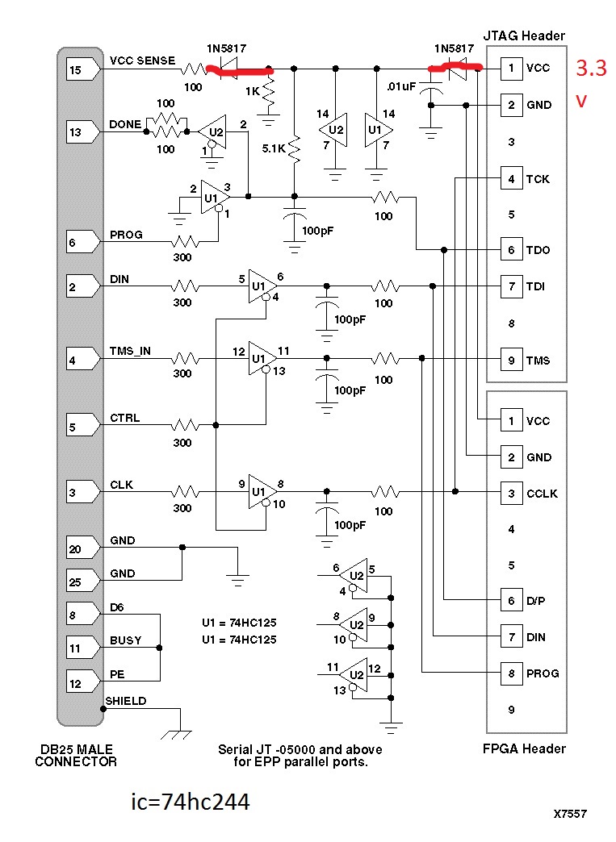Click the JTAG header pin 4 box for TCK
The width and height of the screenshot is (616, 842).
tap(511, 179)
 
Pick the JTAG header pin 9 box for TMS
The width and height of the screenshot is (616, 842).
tap(511, 360)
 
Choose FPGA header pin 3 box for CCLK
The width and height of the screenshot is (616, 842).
tap(511, 493)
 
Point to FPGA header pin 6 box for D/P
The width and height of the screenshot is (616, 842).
tap(511, 600)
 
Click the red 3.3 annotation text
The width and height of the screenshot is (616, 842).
tap(591, 69)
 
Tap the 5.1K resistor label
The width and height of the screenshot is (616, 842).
tap(274, 148)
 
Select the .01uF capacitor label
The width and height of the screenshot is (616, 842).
tap(401, 86)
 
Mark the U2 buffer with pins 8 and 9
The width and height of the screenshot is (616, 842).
tap(354, 624)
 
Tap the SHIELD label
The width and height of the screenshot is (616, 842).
tap(126, 701)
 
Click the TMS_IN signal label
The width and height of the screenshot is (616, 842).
tap(130, 351)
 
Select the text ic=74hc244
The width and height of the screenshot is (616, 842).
tap(191, 802)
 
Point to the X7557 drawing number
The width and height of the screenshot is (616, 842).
tap(570, 814)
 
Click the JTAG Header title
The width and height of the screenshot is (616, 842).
tap(524, 35)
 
